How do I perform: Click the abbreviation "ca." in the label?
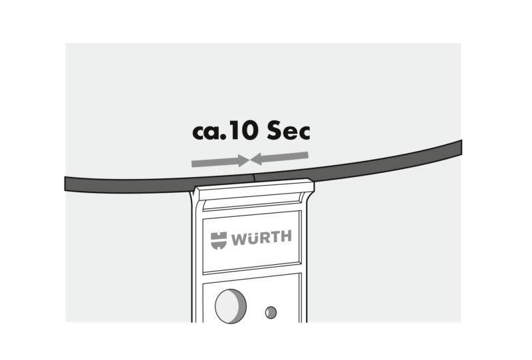209,132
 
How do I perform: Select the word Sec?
289,130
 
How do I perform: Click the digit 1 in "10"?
234,130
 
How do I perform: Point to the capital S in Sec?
274,130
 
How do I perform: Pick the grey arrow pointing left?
279,158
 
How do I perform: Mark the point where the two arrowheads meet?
250,160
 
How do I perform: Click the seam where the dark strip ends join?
253,178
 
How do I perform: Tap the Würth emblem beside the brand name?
219,240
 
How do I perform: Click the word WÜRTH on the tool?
261,238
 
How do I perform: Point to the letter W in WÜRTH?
238,240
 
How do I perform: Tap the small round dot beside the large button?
271,313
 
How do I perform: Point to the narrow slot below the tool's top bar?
252,203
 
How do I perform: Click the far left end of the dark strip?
65,184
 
